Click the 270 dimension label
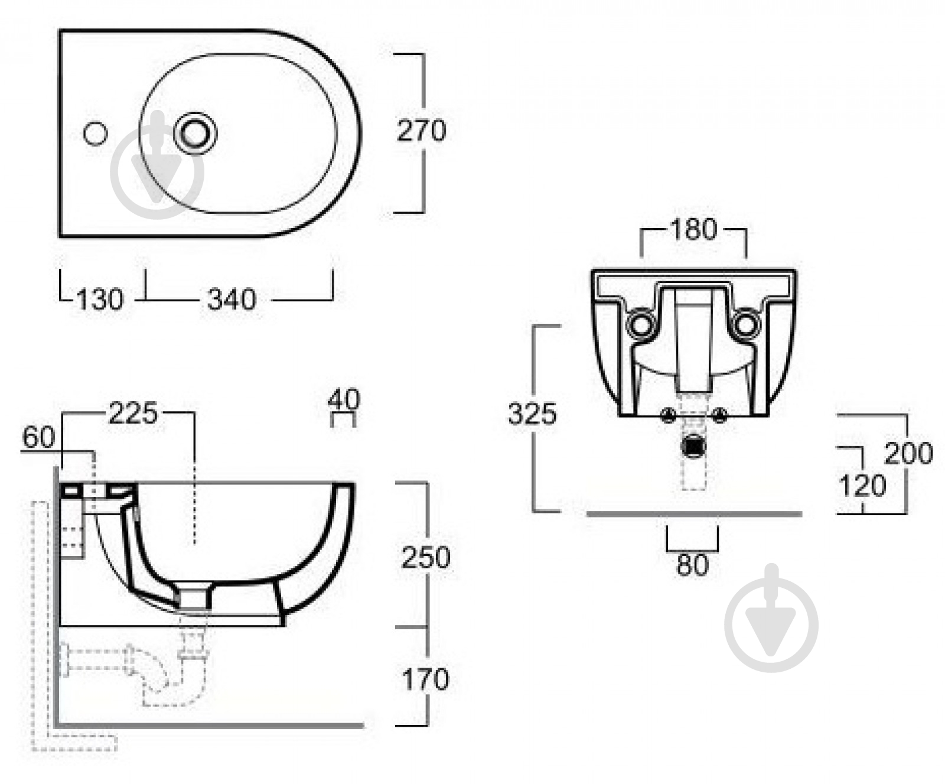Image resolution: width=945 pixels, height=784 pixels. [421, 131]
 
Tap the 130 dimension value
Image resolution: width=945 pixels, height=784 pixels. [100, 300]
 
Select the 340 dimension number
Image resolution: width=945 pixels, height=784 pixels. [232, 300]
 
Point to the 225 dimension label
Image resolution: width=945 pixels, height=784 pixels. [133, 413]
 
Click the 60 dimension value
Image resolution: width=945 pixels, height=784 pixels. [38, 438]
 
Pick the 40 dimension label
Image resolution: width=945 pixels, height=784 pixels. [344, 400]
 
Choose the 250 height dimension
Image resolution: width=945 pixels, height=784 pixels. [425, 557]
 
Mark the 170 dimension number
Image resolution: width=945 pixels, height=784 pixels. [425, 679]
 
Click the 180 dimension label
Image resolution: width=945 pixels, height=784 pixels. [693, 229]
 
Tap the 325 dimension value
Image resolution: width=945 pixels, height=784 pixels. [532, 414]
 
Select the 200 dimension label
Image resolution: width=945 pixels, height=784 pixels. [908, 453]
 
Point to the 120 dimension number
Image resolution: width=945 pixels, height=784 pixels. [862, 486]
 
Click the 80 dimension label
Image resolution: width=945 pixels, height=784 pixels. [692, 565]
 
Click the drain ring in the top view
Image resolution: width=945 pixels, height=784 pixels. [195, 133]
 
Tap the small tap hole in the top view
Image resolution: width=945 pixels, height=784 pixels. [95, 134]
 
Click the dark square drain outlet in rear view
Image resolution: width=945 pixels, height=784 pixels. [693, 446]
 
